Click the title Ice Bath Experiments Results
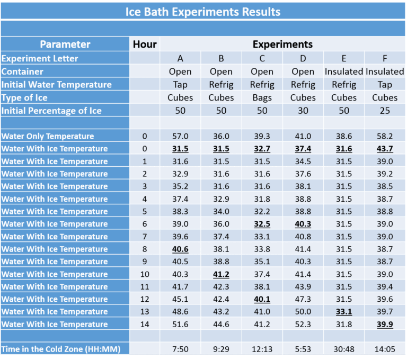tap(203, 11)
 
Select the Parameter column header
tap(65, 44)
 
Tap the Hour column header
tap(145, 44)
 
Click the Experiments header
tap(282, 44)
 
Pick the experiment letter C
tap(262, 58)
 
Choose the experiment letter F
tap(385, 58)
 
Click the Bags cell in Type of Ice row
tap(262, 97)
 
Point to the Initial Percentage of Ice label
tap(51, 111)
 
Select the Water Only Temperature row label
tap(48, 136)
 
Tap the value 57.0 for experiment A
tap(180, 136)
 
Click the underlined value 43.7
tap(385, 149)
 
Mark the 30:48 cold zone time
tap(344, 349)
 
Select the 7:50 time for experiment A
tap(180, 349)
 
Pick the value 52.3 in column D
tap(303, 324)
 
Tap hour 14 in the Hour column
tap(145, 324)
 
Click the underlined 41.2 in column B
tap(221, 274)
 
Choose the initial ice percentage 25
tap(385, 111)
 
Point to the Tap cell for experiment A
tap(180, 85)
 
